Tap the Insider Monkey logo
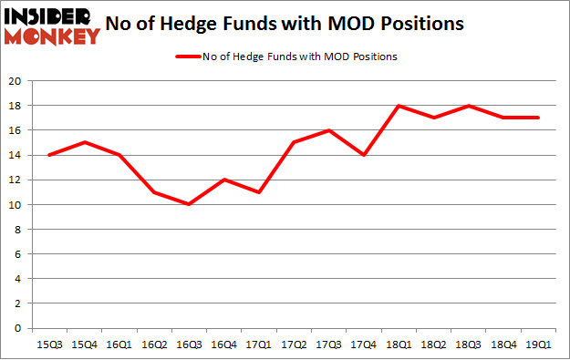(x=52, y=26)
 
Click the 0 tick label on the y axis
(x=19, y=328)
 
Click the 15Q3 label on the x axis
(x=48, y=345)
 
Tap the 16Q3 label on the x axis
(x=189, y=345)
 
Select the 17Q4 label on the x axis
(x=363, y=345)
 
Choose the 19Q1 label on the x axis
(x=538, y=345)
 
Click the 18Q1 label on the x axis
(x=399, y=345)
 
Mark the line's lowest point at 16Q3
(x=189, y=205)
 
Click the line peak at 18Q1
(x=399, y=106)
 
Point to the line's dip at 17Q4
(x=363, y=155)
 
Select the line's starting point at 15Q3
(x=48, y=155)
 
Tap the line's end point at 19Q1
(x=538, y=118)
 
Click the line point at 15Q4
(x=84, y=143)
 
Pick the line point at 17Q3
(x=328, y=130)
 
